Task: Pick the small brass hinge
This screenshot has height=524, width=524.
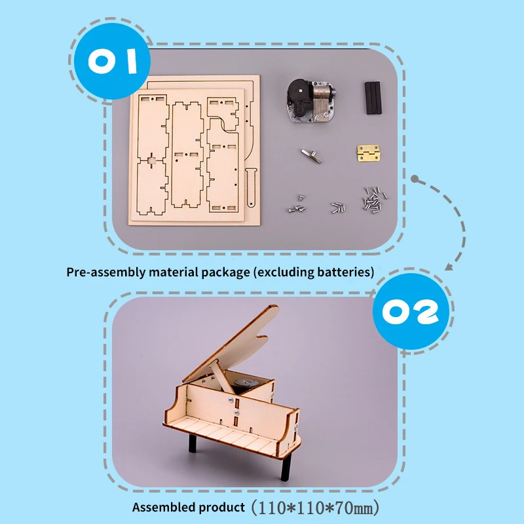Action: tap(368, 153)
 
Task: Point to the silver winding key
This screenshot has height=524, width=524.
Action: tap(311, 155)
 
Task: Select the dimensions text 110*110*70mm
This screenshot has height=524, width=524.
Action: tap(317, 507)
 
